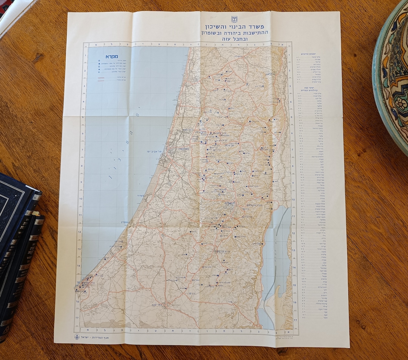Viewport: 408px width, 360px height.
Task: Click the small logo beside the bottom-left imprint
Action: [x=77, y=337]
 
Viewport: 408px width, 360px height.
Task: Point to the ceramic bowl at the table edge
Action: [x=391, y=76]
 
